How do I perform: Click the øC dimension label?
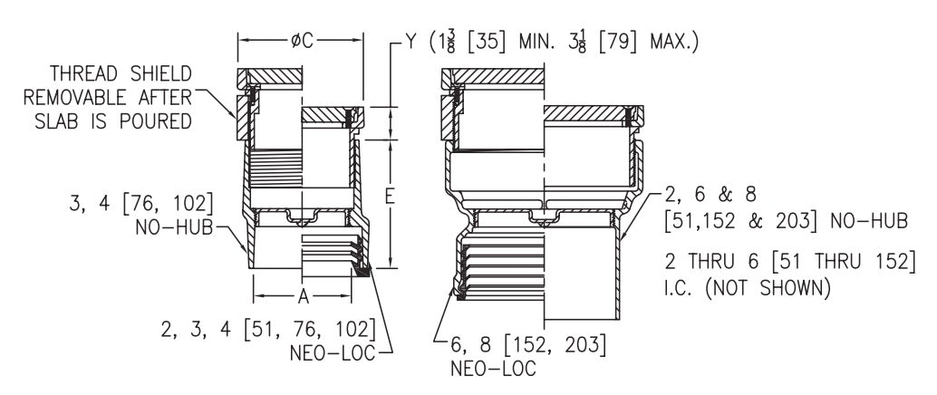(302, 41)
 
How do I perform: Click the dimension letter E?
(391, 197)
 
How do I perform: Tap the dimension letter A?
(303, 295)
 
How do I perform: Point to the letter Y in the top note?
(411, 42)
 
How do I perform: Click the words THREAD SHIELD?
(121, 73)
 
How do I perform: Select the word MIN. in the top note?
(537, 42)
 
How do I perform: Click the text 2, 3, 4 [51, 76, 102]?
(268, 329)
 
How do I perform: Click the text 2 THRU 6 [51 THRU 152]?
(790, 262)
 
